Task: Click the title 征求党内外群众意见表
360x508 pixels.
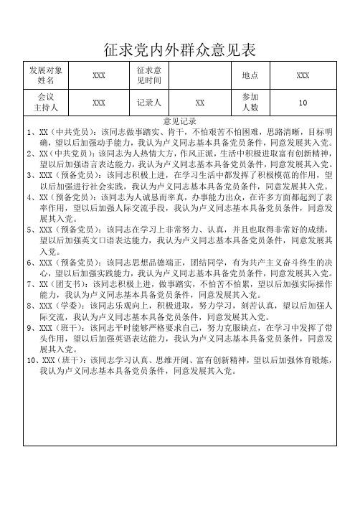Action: pyautogui.click(x=180, y=49)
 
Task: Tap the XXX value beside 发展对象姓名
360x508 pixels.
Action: pyautogui.click(x=100, y=75)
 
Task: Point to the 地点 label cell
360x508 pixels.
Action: pyautogui.click(x=251, y=75)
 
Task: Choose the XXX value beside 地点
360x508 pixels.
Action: pyautogui.click(x=303, y=75)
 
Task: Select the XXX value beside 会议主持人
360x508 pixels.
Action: pyautogui.click(x=100, y=103)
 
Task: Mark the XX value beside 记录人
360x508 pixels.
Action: pyautogui.click(x=202, y=103)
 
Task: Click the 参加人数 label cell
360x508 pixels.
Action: pyautogui.click(x=251, y=102)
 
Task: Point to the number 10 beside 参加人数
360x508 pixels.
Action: pyautogui.click(x=303, y=103)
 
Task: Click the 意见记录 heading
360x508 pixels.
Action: pyautogui.click(x=180, y=121)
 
